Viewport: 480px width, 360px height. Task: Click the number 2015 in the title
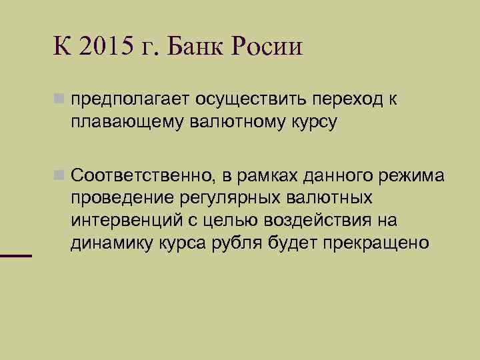pos(105,47)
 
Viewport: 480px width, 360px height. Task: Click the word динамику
pos(109,243)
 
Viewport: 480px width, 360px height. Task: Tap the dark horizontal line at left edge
pos(16,255)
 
